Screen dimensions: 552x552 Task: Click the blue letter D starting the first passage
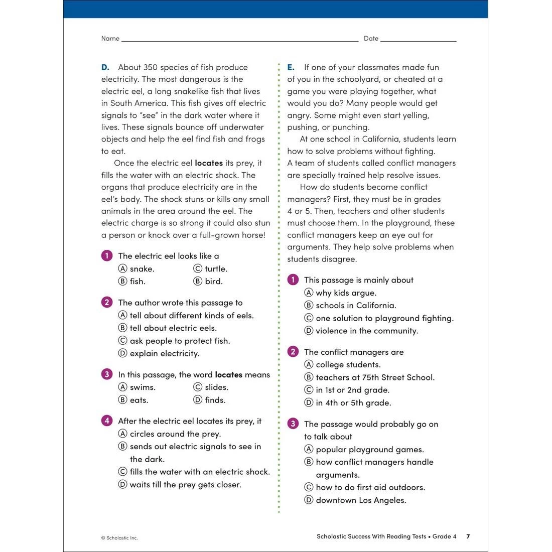[105, 67]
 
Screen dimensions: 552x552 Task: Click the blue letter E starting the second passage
[291, 67]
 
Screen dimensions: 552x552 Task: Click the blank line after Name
[239, 39]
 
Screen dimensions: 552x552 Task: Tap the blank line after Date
[418, 39]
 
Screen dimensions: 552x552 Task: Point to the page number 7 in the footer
[468, 536]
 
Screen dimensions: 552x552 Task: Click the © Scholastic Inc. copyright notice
[119, 538]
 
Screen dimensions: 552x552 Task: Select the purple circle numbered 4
[107, 421]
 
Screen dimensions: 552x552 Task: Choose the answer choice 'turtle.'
[216, 269]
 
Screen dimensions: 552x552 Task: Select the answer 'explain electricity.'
[164, 354]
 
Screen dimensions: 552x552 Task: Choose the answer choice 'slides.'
[216, 387]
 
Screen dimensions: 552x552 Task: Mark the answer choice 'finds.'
[215, 400]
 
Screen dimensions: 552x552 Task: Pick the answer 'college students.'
[348, 365]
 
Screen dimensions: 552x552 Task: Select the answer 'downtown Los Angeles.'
[361, 500]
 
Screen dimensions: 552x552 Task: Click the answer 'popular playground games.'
[369, 450]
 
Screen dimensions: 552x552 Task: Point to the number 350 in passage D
[151, 67]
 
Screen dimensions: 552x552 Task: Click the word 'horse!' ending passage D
[252, 235]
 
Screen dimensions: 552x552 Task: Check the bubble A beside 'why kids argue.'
[309, 293]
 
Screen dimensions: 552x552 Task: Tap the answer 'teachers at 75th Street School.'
[375, 377]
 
